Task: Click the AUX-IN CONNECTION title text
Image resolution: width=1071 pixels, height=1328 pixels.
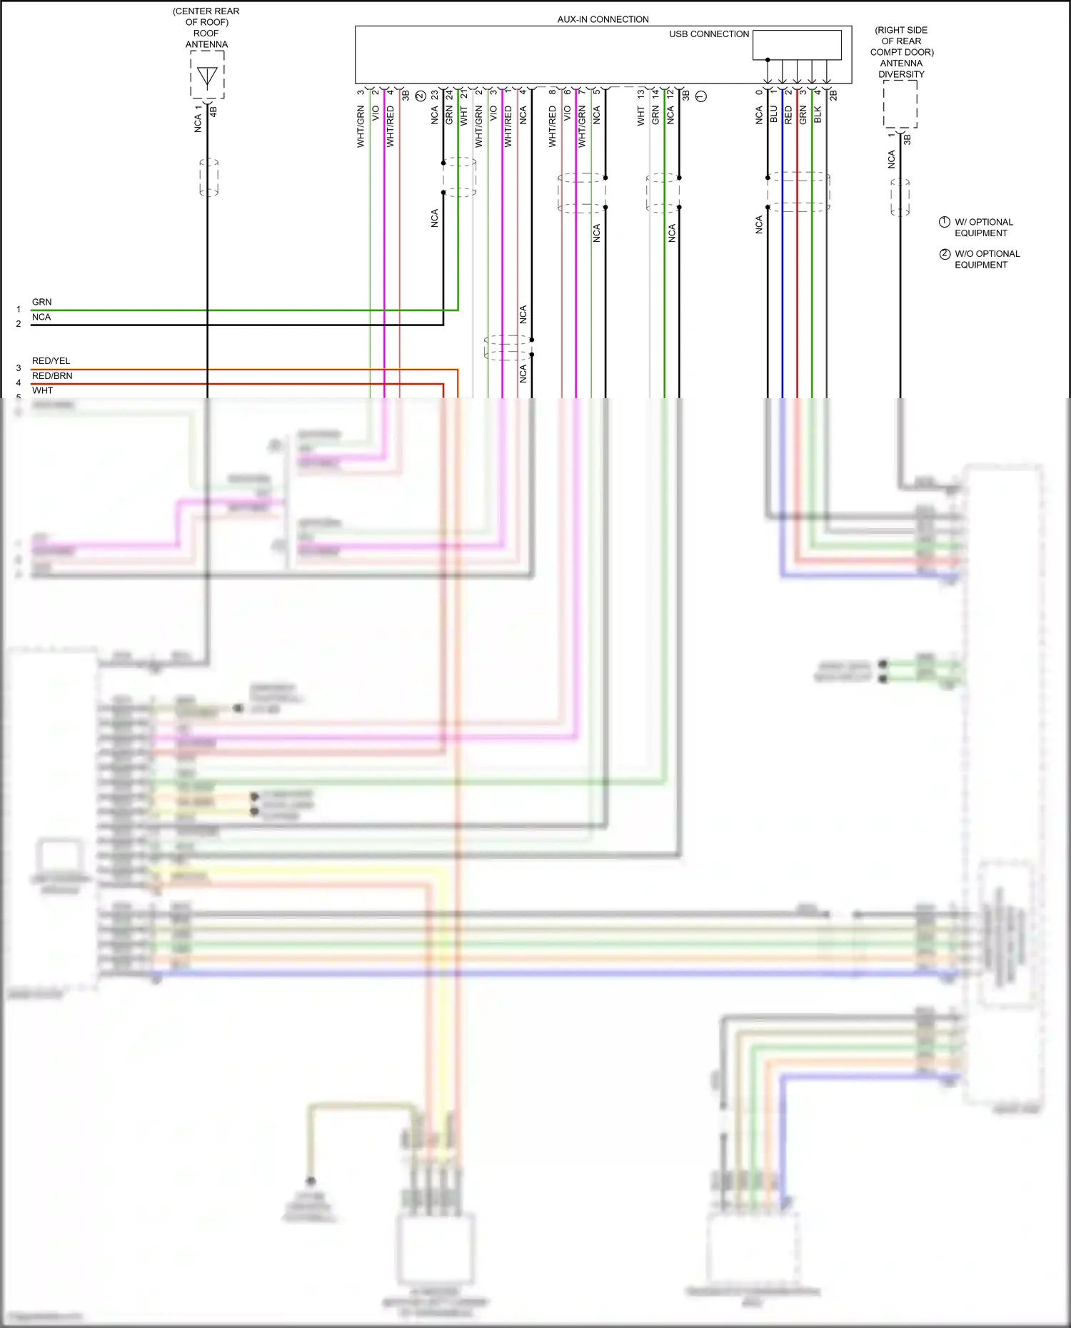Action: [x=603, y=19]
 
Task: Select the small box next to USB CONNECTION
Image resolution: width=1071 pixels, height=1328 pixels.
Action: [x=797, y=45]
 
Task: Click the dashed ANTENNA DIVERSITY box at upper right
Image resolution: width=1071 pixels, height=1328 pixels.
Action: [x=900, y=104]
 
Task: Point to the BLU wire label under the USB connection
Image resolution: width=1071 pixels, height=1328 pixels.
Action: [x=773, y=115]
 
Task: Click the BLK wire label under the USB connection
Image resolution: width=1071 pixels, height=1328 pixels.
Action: [x=818, y=115]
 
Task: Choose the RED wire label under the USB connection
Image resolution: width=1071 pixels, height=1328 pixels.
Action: [x=788, y=115]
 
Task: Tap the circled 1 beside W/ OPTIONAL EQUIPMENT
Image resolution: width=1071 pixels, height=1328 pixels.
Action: [x=944, y=222]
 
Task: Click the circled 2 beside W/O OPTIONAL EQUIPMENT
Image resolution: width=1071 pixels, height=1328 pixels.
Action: [x=945, y=254]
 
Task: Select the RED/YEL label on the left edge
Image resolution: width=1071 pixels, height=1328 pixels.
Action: [x=51, y=361]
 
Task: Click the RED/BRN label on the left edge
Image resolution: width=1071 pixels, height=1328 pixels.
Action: [x=52, y=376]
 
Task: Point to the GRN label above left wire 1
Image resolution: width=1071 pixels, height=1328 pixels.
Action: [x=41, y=302]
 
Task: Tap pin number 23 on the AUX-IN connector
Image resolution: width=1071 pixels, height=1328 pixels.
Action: [x=434, y=94]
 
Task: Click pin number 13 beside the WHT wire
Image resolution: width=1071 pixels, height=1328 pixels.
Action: [x=640, y=93]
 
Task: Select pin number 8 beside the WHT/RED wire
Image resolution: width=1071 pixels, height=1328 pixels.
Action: [x=552, y=92]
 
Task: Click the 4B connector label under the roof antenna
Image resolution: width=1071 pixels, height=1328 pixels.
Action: [x=213, y=112]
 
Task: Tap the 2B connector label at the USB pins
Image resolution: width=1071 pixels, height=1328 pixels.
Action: [x=833, y=95]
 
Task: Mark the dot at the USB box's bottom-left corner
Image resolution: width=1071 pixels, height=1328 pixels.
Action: [x=768, y=60]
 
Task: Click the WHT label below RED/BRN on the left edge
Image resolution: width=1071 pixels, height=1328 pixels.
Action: [x=42, y=390]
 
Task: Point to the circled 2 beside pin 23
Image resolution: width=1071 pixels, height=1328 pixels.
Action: [x=420, y=96]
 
